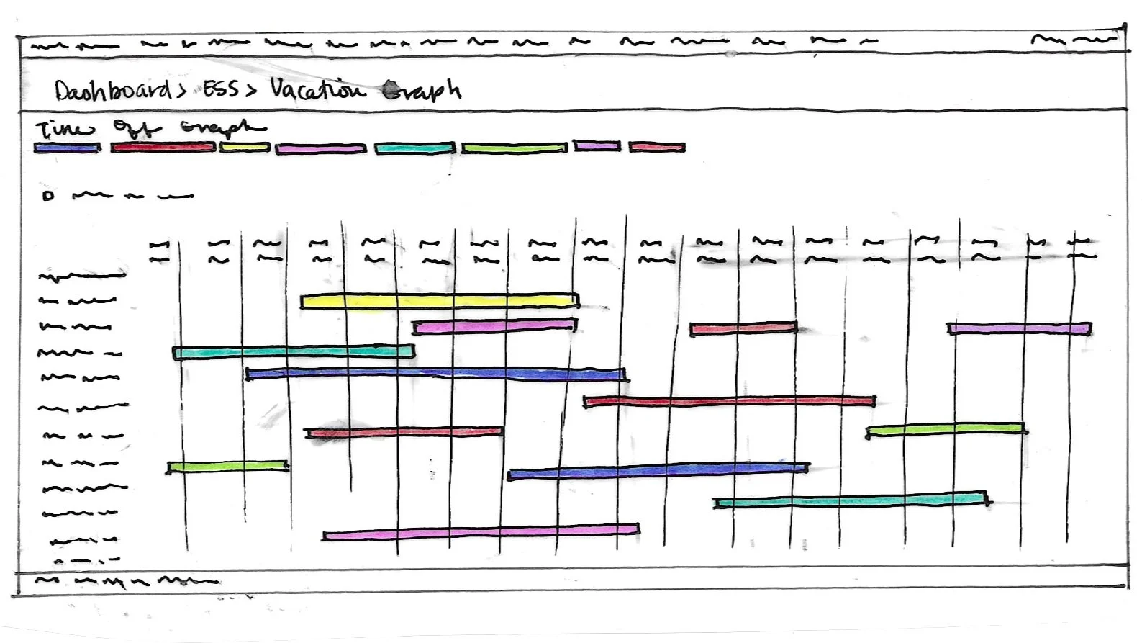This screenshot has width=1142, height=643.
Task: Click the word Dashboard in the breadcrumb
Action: coord(112,91)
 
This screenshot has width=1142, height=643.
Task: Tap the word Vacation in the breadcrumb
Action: coord(317,90)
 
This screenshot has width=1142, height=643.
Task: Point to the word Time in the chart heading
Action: coord(65,130)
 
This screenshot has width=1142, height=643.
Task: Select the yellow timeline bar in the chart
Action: coord(439,301)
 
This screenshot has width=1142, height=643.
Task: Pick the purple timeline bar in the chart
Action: coord(1019,328)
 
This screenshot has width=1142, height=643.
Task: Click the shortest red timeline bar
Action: coord(743,329)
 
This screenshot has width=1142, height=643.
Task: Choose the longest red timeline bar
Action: coord(730,401)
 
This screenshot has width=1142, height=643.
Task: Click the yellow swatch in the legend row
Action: coord(245,148)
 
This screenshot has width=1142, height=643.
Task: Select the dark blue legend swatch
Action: coord(67,148)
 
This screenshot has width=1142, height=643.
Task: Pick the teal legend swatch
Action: coord(414,148)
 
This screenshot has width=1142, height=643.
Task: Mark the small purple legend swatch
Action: coord(597,146)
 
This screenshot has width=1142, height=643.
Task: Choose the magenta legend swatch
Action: coord(321,149)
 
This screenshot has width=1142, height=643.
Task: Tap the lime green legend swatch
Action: coord(514,148)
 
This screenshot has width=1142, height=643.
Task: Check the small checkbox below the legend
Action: coord(48,195)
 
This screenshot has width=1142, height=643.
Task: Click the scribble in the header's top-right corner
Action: coord(1072,40)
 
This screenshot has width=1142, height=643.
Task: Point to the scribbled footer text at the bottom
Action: coord(126,580)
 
